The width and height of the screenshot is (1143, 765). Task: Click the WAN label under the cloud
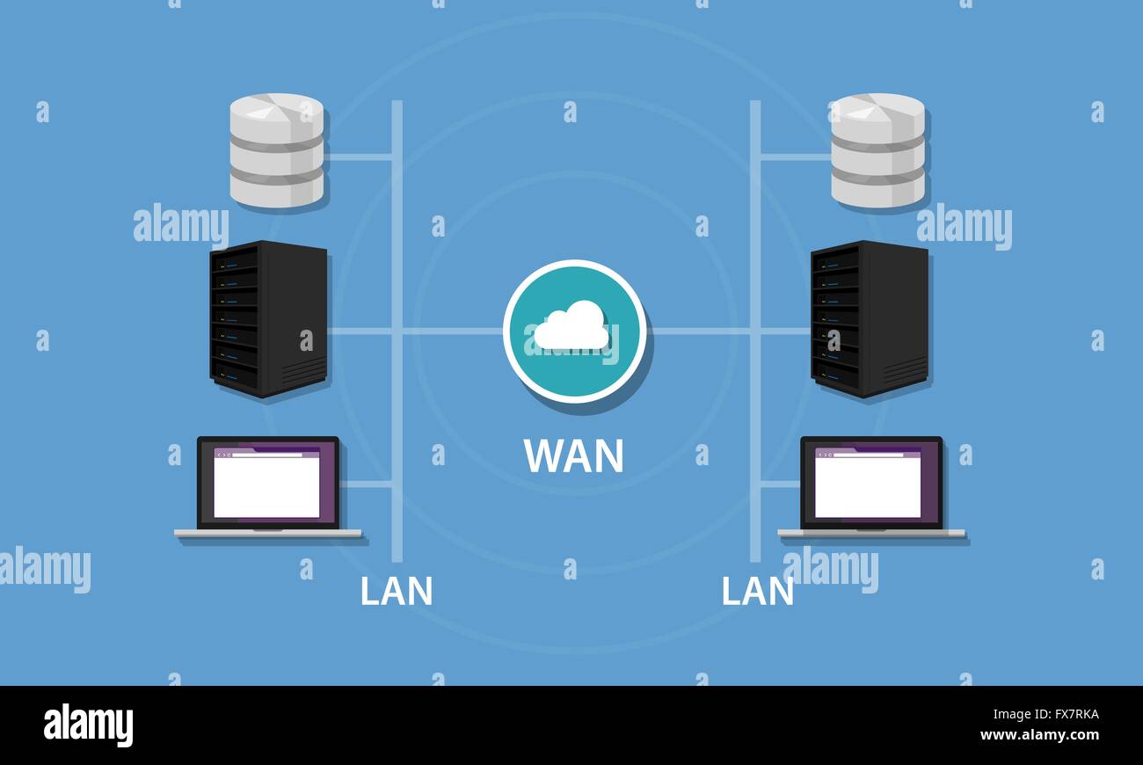(x=573, y=455)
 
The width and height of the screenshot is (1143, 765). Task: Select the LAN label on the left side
(x=396, y=592)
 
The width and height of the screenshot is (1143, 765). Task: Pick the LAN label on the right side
(x=757, y=592)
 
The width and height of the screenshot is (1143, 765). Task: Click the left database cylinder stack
(x=277, y=150)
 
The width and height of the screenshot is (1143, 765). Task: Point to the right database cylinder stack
(x=877, y=150)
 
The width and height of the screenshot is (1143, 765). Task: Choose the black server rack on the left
(x=268, y=318)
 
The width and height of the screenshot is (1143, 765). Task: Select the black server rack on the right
(x=869, y=318)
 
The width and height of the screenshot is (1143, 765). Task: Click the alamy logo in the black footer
(x=88, y=725)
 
